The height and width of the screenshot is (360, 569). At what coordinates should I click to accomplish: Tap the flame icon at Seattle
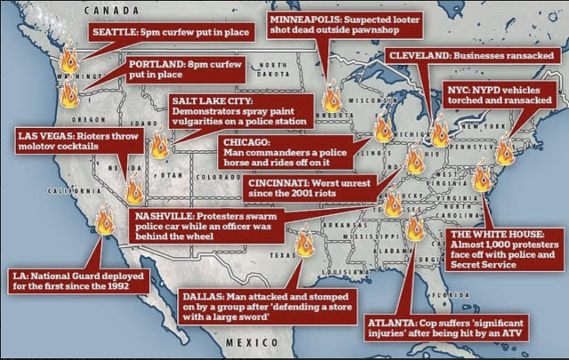68,60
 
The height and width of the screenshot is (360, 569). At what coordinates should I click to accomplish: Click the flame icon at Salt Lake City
159,144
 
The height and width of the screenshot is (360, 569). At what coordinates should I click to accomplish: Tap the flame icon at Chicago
383,130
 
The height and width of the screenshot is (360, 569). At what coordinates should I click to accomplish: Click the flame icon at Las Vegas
133,190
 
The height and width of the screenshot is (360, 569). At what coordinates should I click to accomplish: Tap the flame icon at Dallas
305,242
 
